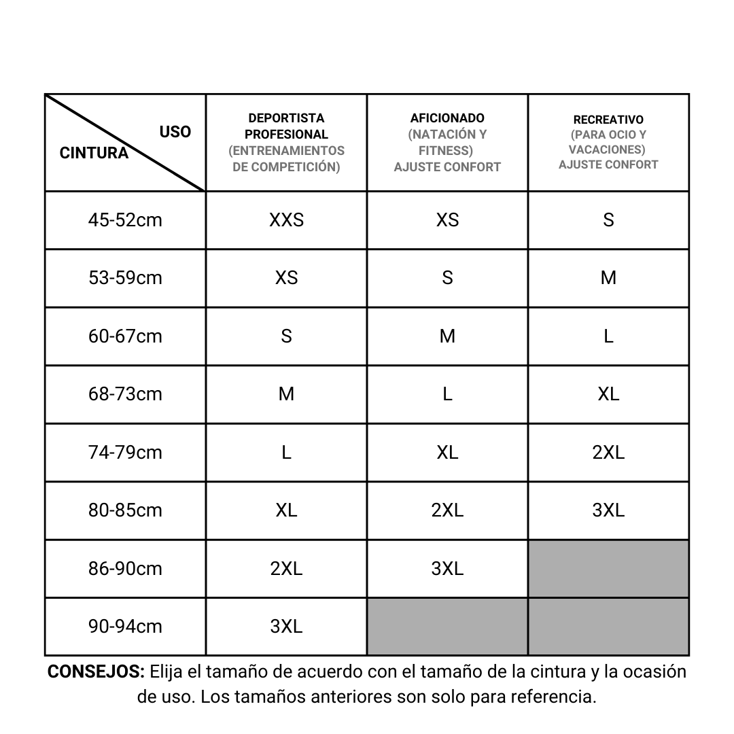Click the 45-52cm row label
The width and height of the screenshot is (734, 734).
(125, 220)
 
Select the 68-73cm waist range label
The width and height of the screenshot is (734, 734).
(125, 394)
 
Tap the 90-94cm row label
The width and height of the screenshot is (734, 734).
(125, 627)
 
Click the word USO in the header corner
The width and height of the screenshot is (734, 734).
(175, 132)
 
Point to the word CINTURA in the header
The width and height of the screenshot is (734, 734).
(94, 153)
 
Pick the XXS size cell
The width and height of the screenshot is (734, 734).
(286, 220)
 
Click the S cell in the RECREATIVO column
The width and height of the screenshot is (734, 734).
(608, 220)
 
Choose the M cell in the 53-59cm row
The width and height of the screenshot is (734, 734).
(608, 278)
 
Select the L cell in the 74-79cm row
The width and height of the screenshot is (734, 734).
(286, 453)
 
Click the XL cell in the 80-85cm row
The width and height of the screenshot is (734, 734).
(286, 510)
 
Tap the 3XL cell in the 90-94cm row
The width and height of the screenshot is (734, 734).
(286, 627)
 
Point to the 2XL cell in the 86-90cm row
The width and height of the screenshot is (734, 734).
(286, 569)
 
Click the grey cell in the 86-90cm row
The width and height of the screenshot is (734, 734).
(608, 569)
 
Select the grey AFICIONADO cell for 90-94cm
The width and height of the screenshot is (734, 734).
(447, 627)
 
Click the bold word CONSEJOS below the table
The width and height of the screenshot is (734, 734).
(96, 672)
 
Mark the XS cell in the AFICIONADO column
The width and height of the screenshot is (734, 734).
(447, 220)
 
